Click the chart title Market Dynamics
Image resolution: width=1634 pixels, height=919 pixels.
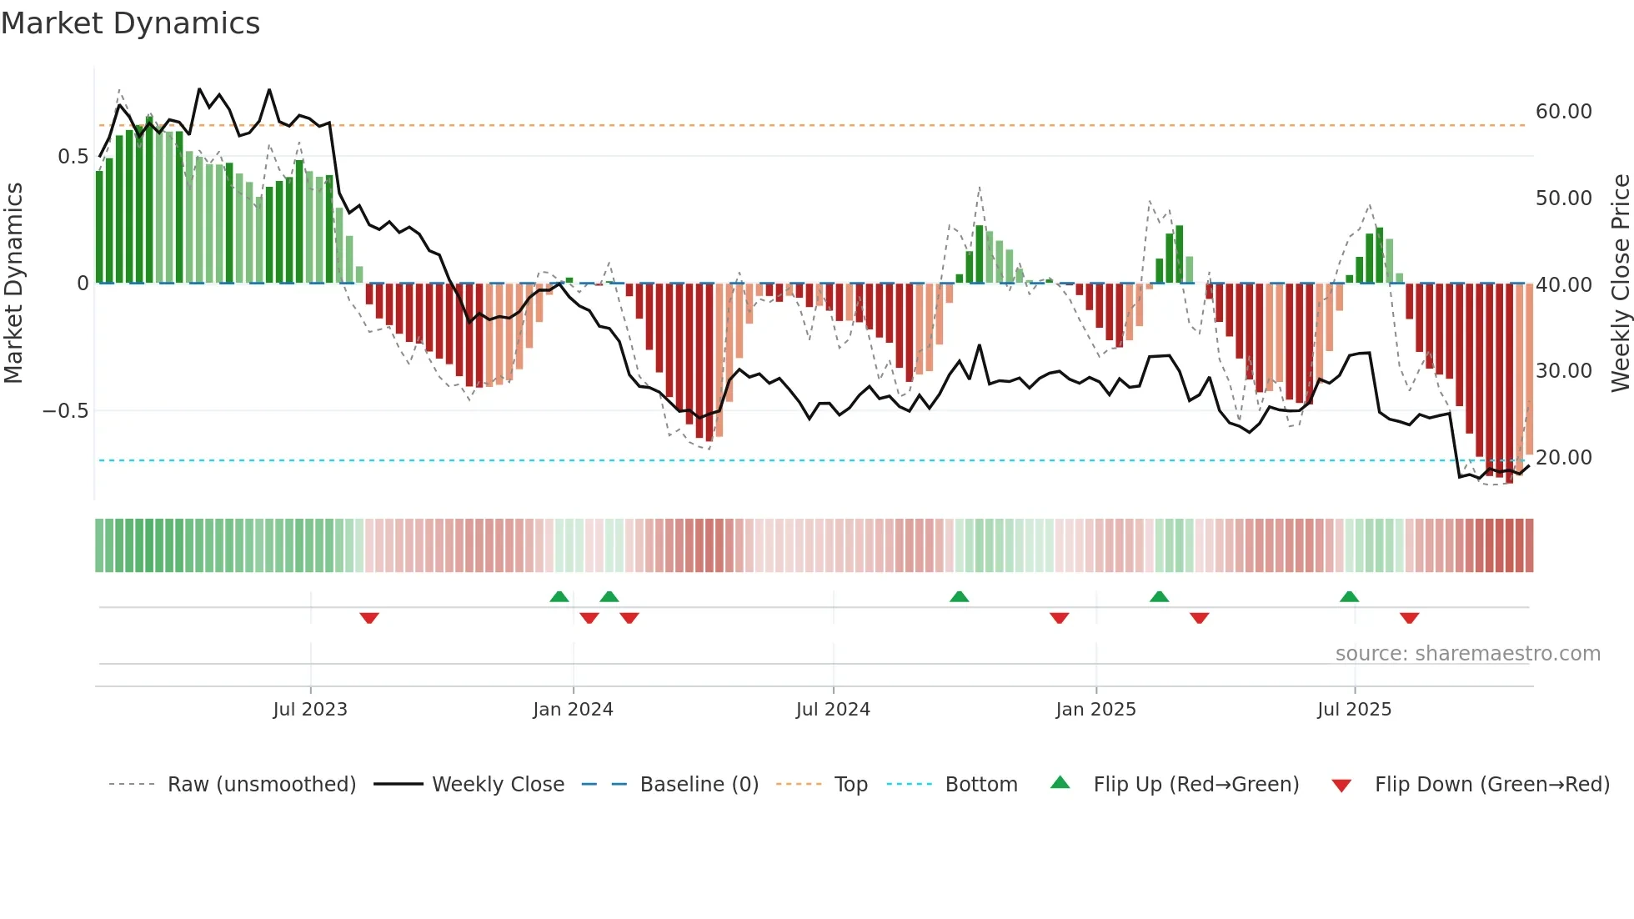[x=130, y=23]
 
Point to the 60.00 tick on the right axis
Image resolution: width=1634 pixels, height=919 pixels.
[x=1563, y=112]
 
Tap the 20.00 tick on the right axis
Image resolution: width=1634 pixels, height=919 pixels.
[x=1563, y=458]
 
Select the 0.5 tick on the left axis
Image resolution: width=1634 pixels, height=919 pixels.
[x=73, y=157]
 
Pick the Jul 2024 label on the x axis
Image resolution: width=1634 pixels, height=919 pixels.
[x=832, y=710]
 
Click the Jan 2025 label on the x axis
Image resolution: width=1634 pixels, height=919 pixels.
[x=1095, y=710]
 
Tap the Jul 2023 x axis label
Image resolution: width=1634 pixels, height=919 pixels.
[x=309, y=710]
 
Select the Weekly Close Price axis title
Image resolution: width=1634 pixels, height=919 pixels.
[x=1620, y=284]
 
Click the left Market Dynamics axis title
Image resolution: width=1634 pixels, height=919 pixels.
[x=13, y=284]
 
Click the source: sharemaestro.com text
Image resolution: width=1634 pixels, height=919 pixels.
[x=1467, y=654]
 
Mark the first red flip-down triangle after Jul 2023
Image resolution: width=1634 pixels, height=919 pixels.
[x=369, y=618]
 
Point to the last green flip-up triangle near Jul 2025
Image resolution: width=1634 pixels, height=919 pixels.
[x=1349, y=596]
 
